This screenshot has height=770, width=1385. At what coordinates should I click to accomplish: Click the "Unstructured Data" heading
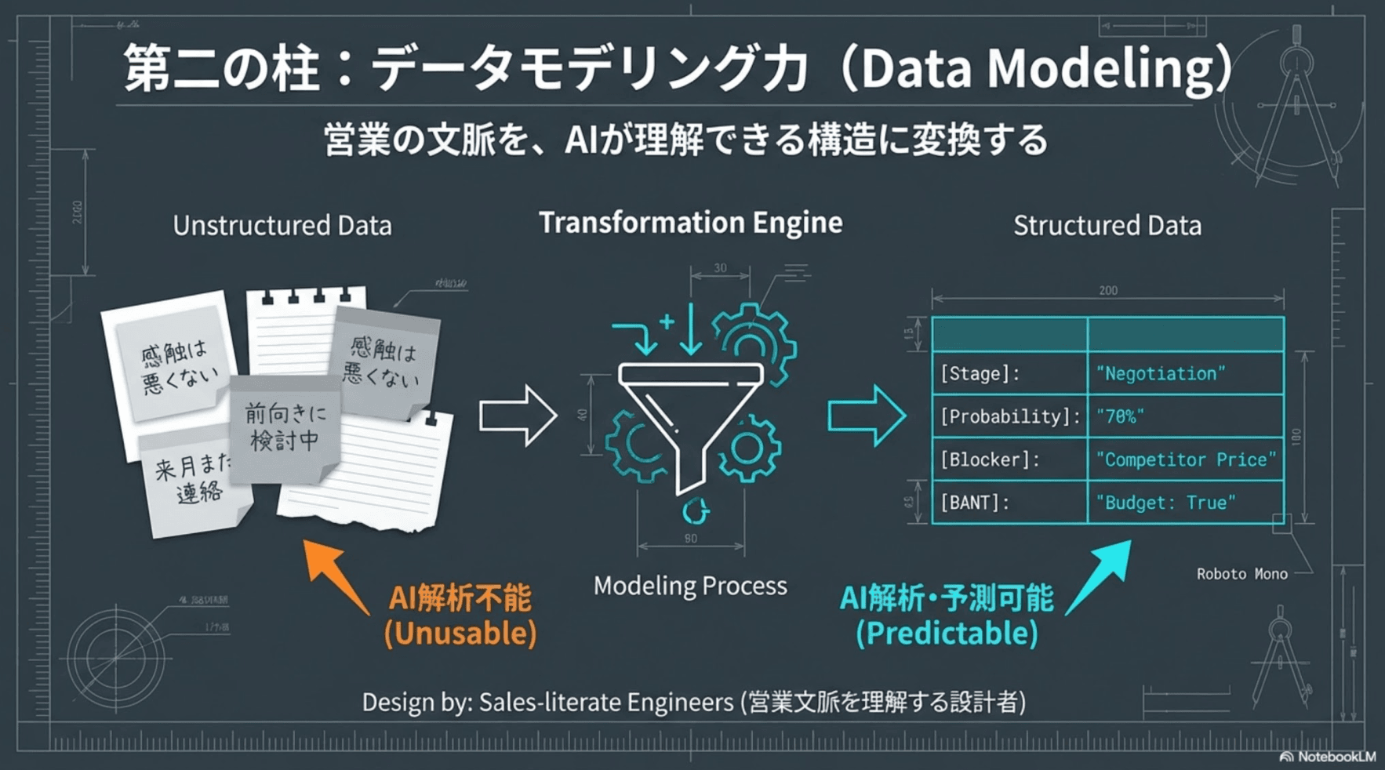(282, 226)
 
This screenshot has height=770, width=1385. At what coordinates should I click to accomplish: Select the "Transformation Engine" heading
(690, 223)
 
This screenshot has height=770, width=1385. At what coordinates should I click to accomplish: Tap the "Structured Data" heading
(1107, 226)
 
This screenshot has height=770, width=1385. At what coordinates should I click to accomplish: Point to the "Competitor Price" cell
(1185, 459)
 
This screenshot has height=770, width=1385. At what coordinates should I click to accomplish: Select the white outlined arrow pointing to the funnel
(518, 416)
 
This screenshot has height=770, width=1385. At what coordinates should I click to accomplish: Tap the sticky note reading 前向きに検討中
(284, 428)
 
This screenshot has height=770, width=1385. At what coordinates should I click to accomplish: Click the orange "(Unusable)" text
(460, 634)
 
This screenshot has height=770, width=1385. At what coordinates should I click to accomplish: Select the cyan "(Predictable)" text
(947, 634)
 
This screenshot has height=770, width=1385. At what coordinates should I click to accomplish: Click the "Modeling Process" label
(690, 586)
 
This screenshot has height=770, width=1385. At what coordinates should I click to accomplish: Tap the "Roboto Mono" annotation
(1241, 574)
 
